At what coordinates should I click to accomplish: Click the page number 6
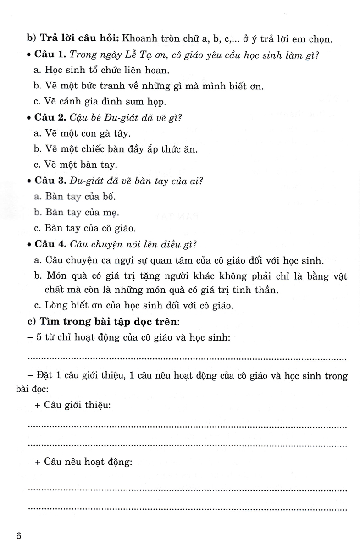(18, 536)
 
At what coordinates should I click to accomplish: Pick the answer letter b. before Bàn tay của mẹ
(38, 212)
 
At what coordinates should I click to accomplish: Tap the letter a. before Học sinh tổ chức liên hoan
(38, 71)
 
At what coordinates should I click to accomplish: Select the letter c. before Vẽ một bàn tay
(38, 165)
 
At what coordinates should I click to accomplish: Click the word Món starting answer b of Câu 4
(56, 275)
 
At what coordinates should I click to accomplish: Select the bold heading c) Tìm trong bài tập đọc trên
(91, 322)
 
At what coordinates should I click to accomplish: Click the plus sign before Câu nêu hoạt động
(38, 463)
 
